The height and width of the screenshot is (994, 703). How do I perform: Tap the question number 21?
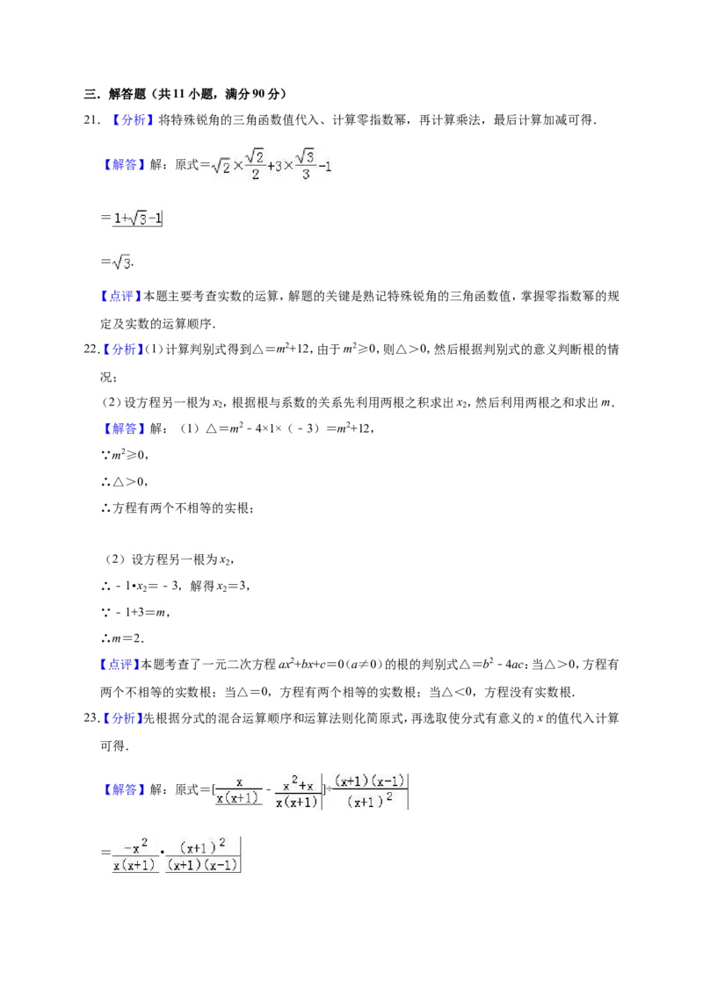click(x=92, y=120)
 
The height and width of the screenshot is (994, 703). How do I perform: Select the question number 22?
click(x=92, y=349)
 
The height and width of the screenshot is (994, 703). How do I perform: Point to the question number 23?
click(x=92, y=718)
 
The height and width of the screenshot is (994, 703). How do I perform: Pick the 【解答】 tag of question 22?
click(x=125, y=429)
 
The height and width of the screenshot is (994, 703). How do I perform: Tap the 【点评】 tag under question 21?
click(x=120, y=297)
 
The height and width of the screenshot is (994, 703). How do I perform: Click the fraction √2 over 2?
click(x=255, y=164)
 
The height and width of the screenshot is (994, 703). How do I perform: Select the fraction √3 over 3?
click(x=305, y=164)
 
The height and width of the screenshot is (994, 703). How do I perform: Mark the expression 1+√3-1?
click(x=138, y=219)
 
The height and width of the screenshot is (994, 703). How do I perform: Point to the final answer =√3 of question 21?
click(x=116, y=262)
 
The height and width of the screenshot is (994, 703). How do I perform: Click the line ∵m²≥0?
click(x=125, y=455)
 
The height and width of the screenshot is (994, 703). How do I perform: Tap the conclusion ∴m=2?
click(x=122, y=638)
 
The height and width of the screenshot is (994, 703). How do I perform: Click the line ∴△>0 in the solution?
click(x=125, y=482)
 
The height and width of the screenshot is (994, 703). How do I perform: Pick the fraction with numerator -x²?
click(x=134, y=854)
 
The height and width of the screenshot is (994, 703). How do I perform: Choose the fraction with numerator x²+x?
click(x=297, y=792)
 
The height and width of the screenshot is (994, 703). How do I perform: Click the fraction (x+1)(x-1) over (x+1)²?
click(x=369, y=791)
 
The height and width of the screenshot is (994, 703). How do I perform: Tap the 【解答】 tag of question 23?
click(x=125, y=790)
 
